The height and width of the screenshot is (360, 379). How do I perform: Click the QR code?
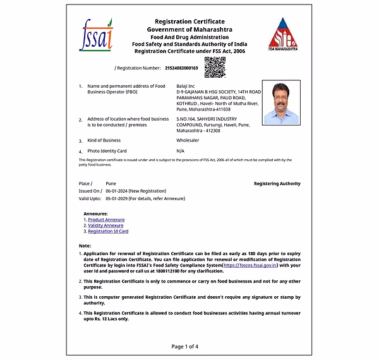coord(215,66)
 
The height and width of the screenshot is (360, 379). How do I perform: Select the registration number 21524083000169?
coord(181,68)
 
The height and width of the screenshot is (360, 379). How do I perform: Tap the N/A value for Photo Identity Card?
coord(181,151)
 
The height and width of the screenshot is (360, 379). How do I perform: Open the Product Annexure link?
coord(106,219)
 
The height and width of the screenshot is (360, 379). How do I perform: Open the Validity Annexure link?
coord(105,225)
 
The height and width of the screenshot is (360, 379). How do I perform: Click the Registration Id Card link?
coord(108,231)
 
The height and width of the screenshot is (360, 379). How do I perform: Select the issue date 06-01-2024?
coord(117,191)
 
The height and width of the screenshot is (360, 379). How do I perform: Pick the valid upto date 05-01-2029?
coord(117,198)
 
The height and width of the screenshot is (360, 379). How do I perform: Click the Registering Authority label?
coord(277,183)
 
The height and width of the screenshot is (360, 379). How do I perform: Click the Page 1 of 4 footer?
coord(184,346)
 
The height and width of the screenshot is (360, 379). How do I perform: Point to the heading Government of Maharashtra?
coord(189,30)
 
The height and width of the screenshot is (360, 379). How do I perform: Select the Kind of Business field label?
coord(104,140)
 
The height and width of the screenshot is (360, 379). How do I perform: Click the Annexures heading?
coord(95,213)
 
